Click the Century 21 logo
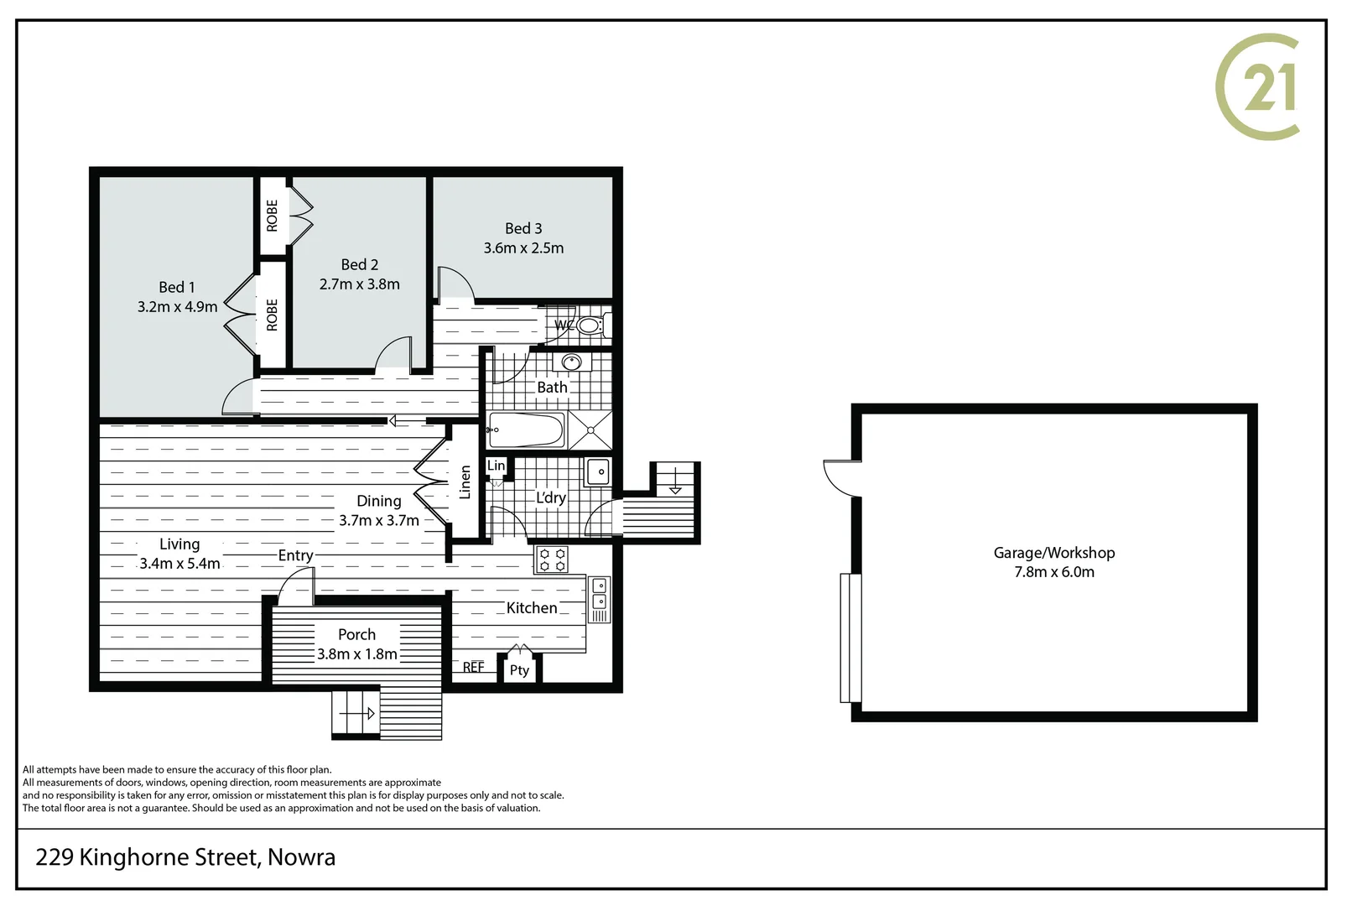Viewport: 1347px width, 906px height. pos(1257,87)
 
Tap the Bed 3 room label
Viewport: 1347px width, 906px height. pos(523,228)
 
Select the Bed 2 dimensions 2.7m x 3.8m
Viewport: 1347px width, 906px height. pos(359,284)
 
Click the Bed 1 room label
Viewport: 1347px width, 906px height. pos(177,287)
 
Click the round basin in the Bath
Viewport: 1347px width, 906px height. pos(572,362)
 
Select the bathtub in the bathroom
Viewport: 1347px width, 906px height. pos(527,430)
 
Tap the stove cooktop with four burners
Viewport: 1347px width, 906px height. pos(551,560)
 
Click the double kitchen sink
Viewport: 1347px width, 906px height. pos(600,594)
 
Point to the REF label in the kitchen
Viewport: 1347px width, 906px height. pos(473,667)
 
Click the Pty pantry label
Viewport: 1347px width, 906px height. pos(519,670)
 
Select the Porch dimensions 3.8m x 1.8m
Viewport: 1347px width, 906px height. pos(357,654)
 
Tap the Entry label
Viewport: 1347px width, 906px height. pos(295,555)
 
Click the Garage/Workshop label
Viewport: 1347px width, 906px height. pos(1054,553)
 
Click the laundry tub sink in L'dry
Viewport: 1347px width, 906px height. pos(599,471)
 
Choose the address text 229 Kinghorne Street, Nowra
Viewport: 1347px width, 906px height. pos(185,857)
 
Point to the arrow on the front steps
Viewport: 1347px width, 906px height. pos(357,714)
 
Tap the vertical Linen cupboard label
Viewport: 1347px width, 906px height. pos(465,482)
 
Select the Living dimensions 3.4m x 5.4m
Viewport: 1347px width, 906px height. pos(179,564)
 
